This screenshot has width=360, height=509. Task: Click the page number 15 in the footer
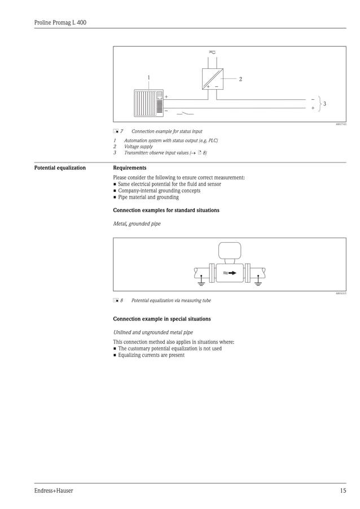(x=343, y=491)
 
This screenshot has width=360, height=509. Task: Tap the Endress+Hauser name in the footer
(x=54, y=491)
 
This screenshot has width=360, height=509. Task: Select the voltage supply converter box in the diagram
(x=213, y=79)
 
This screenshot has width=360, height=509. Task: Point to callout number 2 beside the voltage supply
(x=240, y=79)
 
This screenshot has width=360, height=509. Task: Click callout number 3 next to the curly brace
(x=324, y=104)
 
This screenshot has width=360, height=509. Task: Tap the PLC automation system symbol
(x=148, y=102)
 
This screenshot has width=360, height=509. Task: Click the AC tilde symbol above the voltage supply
(x=212, y=52)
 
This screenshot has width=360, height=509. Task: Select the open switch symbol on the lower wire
(x=186, y=112)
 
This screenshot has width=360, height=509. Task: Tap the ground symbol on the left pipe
(x=201, y=279)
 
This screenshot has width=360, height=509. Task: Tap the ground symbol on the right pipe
(x=258, y=279)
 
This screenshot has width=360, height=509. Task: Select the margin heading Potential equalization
(x=60, y=168)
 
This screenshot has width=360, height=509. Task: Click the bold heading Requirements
(x=130, y=168)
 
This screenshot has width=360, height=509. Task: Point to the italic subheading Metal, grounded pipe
(x=137, y=224)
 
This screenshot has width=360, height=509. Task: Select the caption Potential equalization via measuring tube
(x=171, y=301)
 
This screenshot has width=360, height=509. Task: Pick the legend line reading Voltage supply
(x=138, y=147)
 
